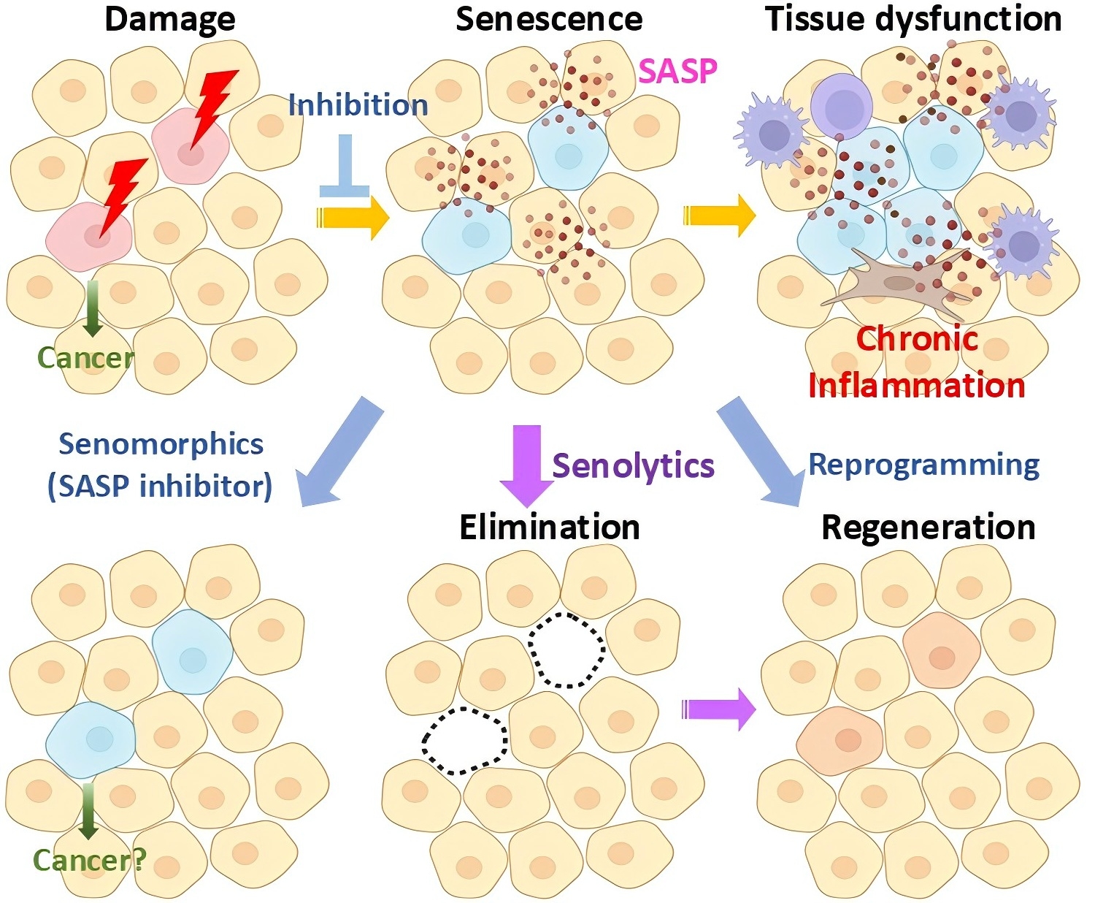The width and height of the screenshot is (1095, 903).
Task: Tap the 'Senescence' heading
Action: (x=549, y=20)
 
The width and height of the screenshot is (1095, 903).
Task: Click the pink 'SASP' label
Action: (x=678, y=71)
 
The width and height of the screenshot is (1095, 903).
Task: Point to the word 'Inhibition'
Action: (x=358, y=104)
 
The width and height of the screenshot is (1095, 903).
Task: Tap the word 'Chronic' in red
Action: (x=917, y=339)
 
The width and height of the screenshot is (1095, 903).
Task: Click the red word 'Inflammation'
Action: (x=917, y=386)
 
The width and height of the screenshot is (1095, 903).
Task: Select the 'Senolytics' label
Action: (x=634, y=465)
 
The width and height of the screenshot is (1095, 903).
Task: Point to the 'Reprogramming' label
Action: (x=924, y=465)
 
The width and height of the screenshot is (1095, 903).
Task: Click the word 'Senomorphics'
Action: (x=161, y=445)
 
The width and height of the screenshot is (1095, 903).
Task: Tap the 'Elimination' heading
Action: (x=550, y=527)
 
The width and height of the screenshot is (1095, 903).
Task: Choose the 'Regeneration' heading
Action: (x=929, y=527)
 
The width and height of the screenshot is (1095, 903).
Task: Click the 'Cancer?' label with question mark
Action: (x=89, y=860)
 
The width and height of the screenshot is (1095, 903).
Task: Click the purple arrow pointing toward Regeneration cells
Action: (x=719, y=710)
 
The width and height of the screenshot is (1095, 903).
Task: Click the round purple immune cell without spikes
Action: (x=841, y=106)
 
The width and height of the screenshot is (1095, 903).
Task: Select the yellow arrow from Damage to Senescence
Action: (x=353, y=217)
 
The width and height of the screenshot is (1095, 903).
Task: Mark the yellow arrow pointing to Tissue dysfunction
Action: (x=719, y=216)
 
